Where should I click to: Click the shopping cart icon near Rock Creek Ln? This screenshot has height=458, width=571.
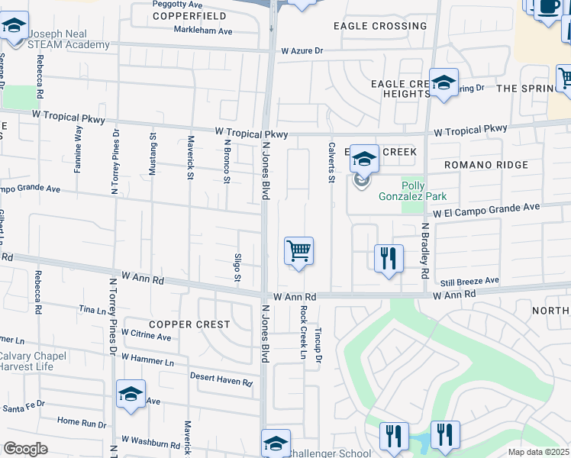pyautogui.click(x=298, y=250)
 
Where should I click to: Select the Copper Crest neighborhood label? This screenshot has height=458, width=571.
pyautogui.click(x=189, y=324)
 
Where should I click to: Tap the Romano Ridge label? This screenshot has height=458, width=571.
pyautogui.click(x=487, y=165)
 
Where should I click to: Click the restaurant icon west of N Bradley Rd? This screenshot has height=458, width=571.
pyautogui.click(x=389, y=258)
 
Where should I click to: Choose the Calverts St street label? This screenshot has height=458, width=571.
pyautogui.click(x=331, y=162)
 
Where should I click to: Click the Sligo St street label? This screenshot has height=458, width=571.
pyautogui.click(x=238, y=266)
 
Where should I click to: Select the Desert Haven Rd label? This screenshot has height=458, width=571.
pyautogui.click(x=221, y=379)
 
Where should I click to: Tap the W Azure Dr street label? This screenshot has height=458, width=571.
pyautogui.click(x=302, y=51)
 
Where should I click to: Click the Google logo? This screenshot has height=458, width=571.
pyautogui.click(x=26, y=449)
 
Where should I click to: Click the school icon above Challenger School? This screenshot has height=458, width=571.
pyautogui.click(x=276, y=442)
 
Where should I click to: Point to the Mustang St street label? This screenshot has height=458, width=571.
pyautogui.click(x=153, y=156)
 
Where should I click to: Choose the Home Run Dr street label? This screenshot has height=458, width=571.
pyautogui.click(x=82, y=421)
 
